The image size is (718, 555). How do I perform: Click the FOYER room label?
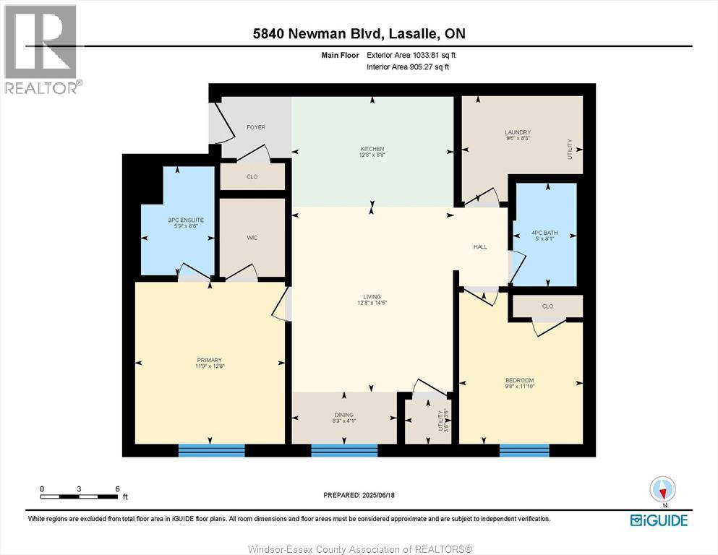pyautogui.click(x=256, y=127)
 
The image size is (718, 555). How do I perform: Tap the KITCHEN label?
pyautogui.click(x=372, y=149)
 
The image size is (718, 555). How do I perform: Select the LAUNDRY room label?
pyautogui.click(x=518, y=132)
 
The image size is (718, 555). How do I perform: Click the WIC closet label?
pyautogui.click(x=252, y=238)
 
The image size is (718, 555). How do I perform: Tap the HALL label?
pyautogui.click(x=480, y=246)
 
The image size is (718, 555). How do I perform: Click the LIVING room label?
pyautogui.click(x=372, y=296)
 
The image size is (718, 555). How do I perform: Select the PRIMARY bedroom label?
pyautogui.click(x=209, y=360)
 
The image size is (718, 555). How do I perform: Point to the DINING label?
pyautogui.click(x=344, y=415)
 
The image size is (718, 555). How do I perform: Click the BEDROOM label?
pyautogui.click(x=521, y=380)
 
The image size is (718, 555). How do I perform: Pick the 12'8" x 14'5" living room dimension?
pyautogui.click(x=372, y=303)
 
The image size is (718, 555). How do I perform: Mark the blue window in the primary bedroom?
pyautogui.click(x=211, y=450)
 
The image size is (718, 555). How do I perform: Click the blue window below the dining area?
pyautogui.click(x=344, y=450)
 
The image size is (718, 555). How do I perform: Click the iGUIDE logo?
pyautogui.click(x=658, y=520)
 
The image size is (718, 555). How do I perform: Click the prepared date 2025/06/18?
pyautogui.click(x=359, y=495)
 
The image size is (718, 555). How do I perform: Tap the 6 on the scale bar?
pyautogui.click(x=117, y=489)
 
